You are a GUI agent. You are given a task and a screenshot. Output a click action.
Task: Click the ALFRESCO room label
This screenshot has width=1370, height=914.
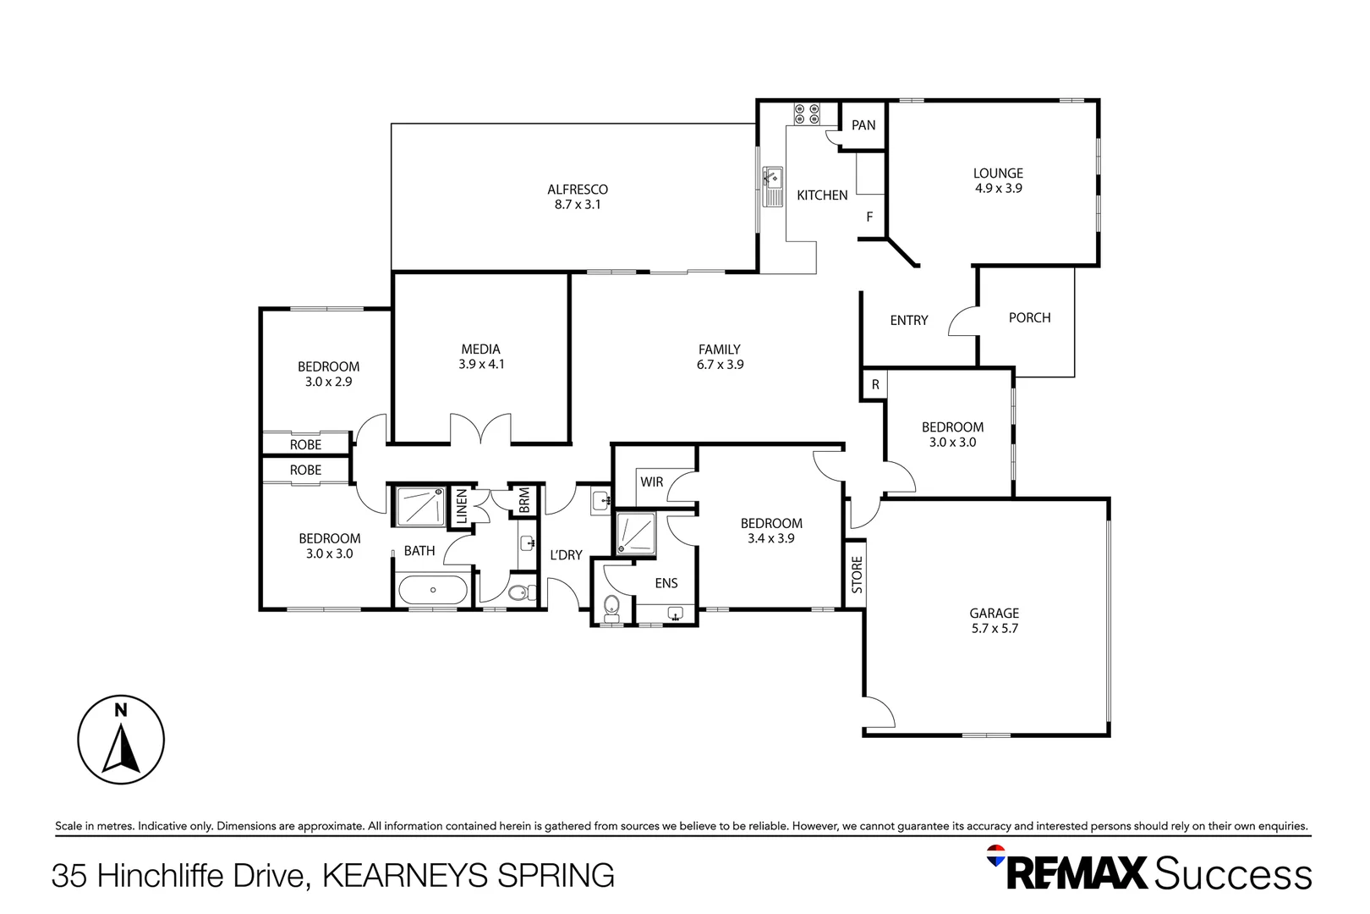pos(578,190)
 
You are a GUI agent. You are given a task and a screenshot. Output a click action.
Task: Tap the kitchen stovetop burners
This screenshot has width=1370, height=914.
pos(806,114)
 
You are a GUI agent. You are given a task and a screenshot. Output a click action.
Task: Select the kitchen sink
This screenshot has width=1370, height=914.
pos(773,186)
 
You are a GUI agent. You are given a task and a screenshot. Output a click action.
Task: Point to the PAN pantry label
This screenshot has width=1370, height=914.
pos(863,125)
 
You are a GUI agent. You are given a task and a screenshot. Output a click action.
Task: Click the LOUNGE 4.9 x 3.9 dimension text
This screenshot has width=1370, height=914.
pos(998,189)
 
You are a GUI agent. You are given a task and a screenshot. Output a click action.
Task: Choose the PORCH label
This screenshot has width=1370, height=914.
pos(1029,318)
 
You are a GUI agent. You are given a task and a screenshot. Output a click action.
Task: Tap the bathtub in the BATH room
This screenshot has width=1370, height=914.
pos(432,590)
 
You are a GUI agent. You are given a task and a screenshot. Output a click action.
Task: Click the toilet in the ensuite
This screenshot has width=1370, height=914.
pos(611,606)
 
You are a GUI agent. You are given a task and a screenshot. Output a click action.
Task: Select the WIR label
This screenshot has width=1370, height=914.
pos(652,482)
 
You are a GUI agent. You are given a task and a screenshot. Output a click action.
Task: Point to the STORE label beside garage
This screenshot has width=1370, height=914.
pos(857,575)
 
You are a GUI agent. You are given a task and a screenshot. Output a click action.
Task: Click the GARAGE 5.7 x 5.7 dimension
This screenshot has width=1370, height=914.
pos(995,629)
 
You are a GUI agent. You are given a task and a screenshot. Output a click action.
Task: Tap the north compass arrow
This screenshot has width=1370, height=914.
pos(121,751)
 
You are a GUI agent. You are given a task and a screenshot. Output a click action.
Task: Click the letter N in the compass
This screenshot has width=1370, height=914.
pos(121,711)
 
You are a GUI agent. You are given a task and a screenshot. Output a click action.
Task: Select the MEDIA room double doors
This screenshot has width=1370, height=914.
pos(480,430)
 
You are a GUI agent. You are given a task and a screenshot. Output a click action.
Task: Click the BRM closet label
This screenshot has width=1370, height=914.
pos(524,500)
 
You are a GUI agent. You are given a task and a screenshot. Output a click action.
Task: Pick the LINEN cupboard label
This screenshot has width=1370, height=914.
pos(462,506)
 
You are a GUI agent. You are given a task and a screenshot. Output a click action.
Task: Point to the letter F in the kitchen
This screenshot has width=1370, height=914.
pos(869,217)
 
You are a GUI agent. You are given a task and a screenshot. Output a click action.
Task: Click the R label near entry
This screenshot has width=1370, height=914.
pos(875,385)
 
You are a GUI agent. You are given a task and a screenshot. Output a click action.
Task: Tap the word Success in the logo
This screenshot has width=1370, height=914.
pos(1232,873)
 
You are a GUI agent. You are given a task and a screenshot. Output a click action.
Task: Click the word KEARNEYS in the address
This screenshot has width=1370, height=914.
pos(405,875)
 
